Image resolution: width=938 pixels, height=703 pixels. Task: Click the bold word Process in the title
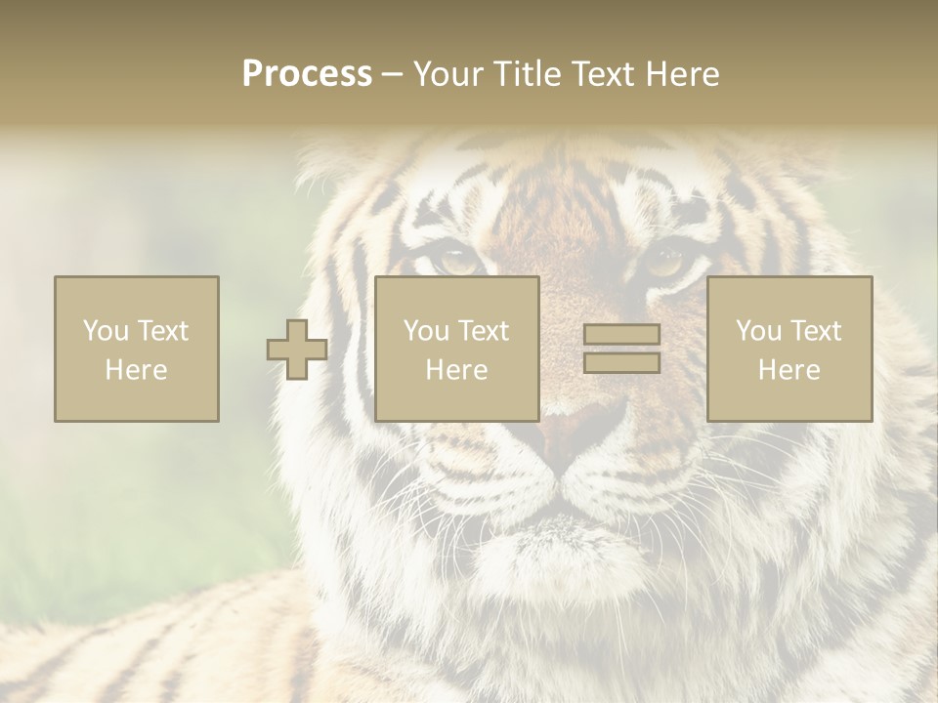click(x=307, y=74)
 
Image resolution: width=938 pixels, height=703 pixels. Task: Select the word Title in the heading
click(x=529, y=74)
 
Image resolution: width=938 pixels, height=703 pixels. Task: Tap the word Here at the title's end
click(x=682, y=74)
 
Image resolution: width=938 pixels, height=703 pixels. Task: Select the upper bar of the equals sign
click(x=621, y=335)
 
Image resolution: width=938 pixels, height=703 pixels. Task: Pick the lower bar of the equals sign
click(x=621, y=363)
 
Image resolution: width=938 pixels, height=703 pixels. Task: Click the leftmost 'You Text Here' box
click(x=136, y=349)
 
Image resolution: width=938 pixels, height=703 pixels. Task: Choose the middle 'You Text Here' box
click(x=456, y=349)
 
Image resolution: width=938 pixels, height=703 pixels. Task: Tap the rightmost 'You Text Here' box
click(x=789, y=349)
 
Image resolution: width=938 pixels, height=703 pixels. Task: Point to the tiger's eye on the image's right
click(x=666, y=261)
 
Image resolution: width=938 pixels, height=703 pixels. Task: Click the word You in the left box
click(x=106, y=331)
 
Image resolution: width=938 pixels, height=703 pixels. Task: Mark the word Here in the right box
click(x=789, y=370)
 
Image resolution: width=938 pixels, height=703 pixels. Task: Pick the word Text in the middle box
click(x=484, y=331)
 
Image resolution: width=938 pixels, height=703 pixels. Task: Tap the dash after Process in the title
click(x=392, y=74)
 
